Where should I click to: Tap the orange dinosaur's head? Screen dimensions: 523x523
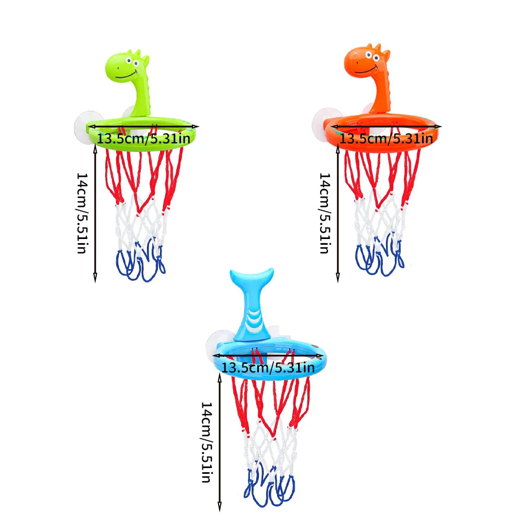pos(368,61)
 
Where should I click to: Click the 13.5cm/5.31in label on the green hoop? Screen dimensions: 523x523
pos(143,139)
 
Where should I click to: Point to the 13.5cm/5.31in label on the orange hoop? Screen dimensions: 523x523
pos(386,139)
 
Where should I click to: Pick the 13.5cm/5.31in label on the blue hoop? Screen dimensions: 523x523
pos(268,367)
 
